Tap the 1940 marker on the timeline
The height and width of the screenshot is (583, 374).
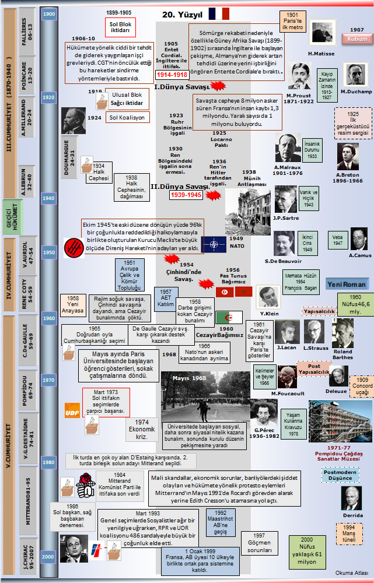point(48,198)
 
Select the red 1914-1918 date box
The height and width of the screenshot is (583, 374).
point(172,75)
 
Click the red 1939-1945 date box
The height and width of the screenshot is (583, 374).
point(186,195)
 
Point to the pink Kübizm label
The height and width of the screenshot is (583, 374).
point(357,39)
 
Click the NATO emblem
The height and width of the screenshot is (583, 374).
point(213,244)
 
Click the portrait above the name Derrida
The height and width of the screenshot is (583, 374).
point(352,498)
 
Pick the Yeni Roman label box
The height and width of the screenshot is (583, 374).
point(347,285)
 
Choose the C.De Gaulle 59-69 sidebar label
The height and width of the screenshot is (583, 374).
point(25,342)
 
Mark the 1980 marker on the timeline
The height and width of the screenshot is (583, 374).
point(48,462)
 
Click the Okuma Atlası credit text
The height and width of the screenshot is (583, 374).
point(352,573)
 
